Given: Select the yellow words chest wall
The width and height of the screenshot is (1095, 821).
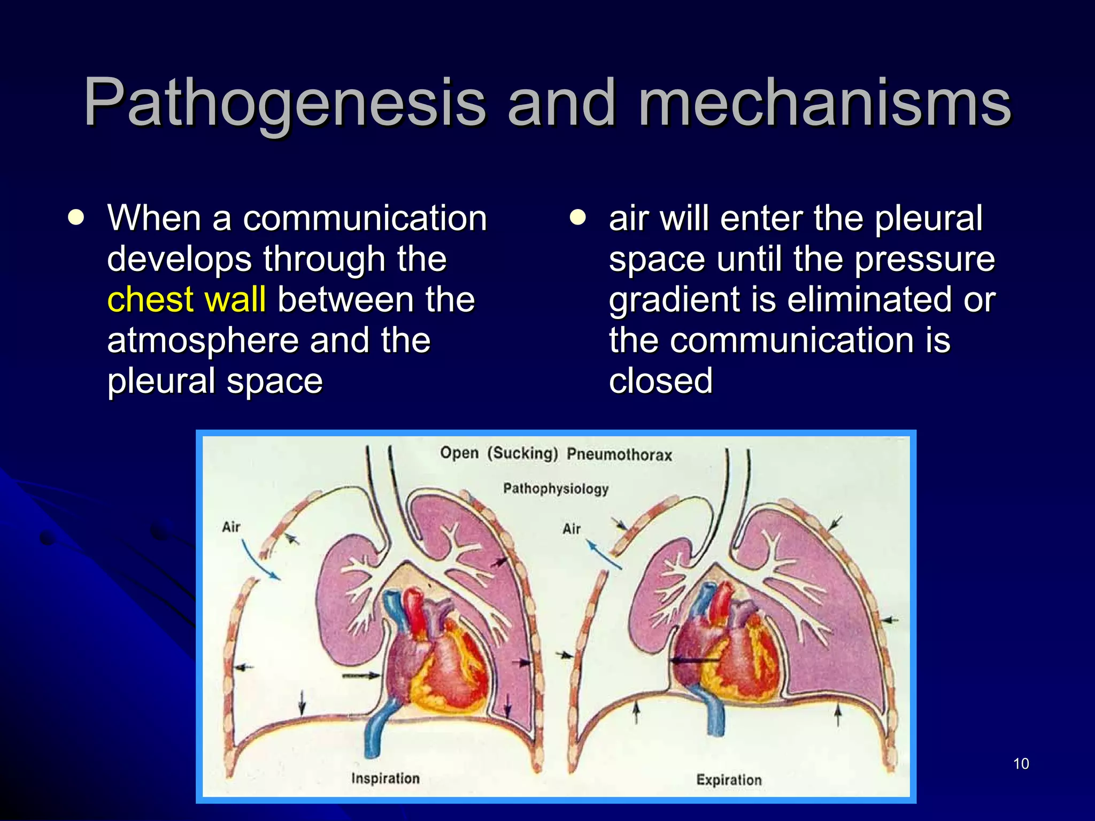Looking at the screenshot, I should pos(186,299).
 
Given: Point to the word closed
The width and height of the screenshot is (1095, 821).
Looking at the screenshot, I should pos(661,381).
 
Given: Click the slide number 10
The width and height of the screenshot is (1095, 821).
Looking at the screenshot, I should pos(1021,764).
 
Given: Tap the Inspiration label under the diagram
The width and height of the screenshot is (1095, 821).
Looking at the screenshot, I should pos(385,778).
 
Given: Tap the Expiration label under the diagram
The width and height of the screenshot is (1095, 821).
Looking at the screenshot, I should pos(729,780).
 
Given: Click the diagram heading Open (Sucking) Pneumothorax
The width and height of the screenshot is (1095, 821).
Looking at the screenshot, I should pos(556,454).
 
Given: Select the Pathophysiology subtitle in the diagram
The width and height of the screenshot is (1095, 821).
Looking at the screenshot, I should pos(556,489).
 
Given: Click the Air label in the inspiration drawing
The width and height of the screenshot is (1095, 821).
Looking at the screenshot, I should pos(231,527).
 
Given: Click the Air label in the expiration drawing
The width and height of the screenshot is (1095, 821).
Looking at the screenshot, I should pos(571,529).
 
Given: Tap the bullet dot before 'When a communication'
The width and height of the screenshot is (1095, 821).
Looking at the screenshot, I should pos(76,218).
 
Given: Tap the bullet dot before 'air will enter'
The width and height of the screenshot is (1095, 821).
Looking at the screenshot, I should pos(577,218).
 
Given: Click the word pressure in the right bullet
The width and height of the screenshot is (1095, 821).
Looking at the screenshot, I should pos(924,259).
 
